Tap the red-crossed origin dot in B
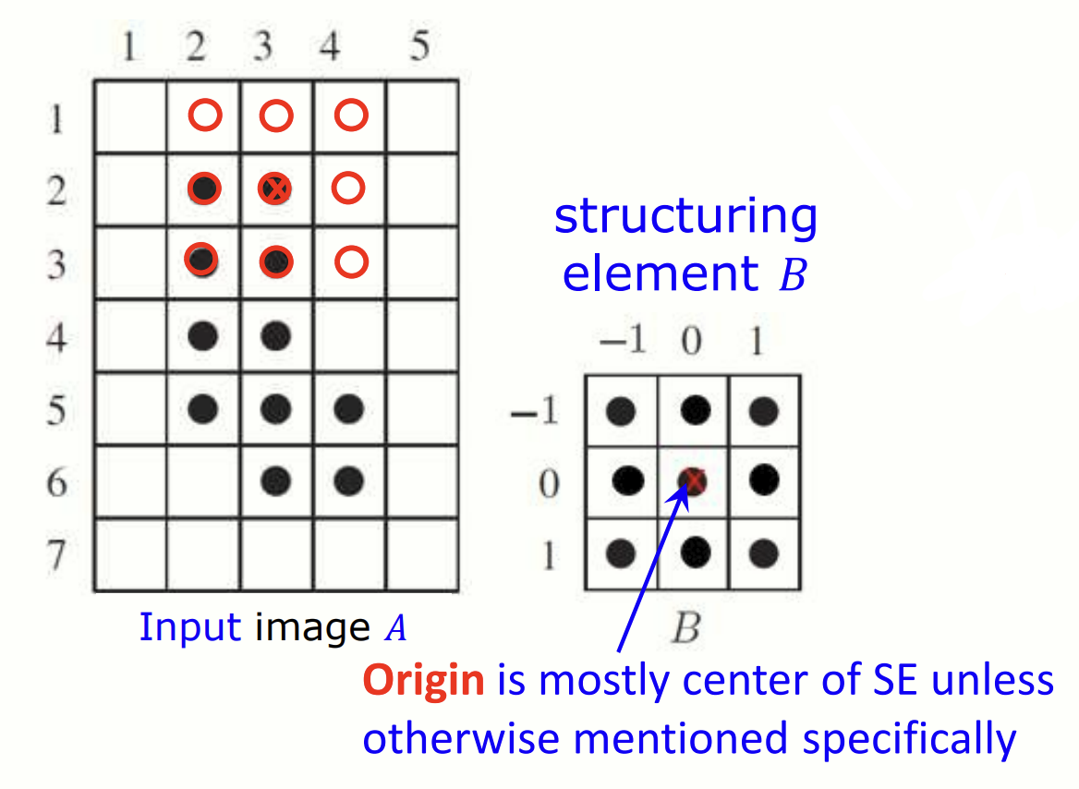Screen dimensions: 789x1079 click(x=693, y=479)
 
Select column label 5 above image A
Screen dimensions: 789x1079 click(x=420, y=47)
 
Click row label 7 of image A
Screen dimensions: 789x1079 click(x=57, y=558)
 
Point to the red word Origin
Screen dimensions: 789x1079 click(x=423, y=682)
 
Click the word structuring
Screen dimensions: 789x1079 click(x=685, y=217)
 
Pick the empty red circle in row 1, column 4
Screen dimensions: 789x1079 click(x=350, y=115)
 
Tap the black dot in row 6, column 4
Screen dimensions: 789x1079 click(x=348, y=480)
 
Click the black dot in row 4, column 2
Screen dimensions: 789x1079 click(x=202, y=336)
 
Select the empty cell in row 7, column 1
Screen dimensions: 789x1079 click(x=130, y=555)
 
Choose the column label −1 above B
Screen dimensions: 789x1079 click(x=623, y=343)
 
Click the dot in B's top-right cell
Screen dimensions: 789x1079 click(x=762, y=411)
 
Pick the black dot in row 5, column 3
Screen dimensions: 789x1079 click(x=275, y=408)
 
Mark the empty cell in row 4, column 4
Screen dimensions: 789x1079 click(x=350, y=336)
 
